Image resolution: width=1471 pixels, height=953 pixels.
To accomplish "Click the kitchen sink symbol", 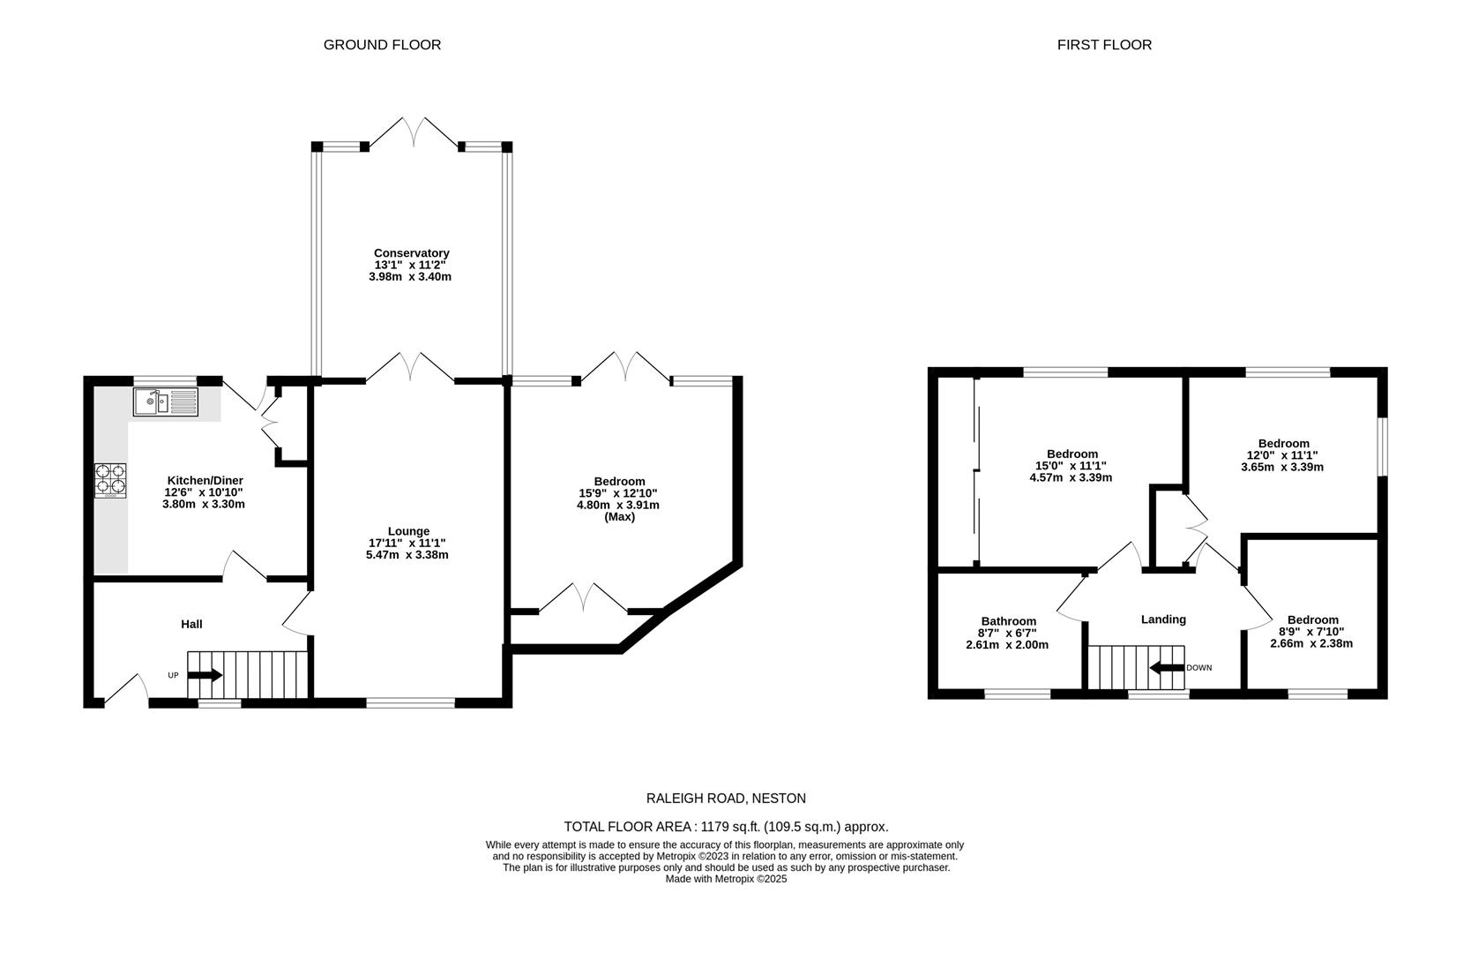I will (x=166, y=402).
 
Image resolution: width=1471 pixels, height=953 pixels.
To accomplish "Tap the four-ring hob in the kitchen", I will (x=110, y=481).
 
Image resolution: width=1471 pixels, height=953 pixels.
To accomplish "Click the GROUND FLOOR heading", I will (x=382, y=44).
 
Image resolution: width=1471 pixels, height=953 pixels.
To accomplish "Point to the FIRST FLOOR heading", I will (x=1104, y=44).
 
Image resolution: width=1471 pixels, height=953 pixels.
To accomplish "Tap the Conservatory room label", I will (x=411, y=253).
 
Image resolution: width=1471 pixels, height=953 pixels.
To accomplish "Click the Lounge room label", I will (x=408, y=531).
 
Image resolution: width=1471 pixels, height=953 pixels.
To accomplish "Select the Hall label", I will (x=191, y=624).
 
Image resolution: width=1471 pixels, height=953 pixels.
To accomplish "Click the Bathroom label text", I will (x=1008, y=621).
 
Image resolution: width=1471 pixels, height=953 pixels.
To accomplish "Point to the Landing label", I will (x=1163, y=619).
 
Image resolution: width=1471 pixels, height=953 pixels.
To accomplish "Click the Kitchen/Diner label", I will (x=204, y=480).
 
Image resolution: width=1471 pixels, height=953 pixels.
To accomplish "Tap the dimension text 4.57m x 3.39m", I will (x=1071, y=477).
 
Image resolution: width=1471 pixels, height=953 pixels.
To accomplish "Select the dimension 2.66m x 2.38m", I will (x=1311, y=643).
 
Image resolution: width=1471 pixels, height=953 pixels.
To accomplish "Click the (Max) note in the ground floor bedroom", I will (x=619, y=517).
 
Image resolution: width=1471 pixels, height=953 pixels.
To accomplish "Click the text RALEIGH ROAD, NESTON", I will (x=726, y=799).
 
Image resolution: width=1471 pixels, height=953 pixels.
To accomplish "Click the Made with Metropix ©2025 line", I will (x=726, y=879).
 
